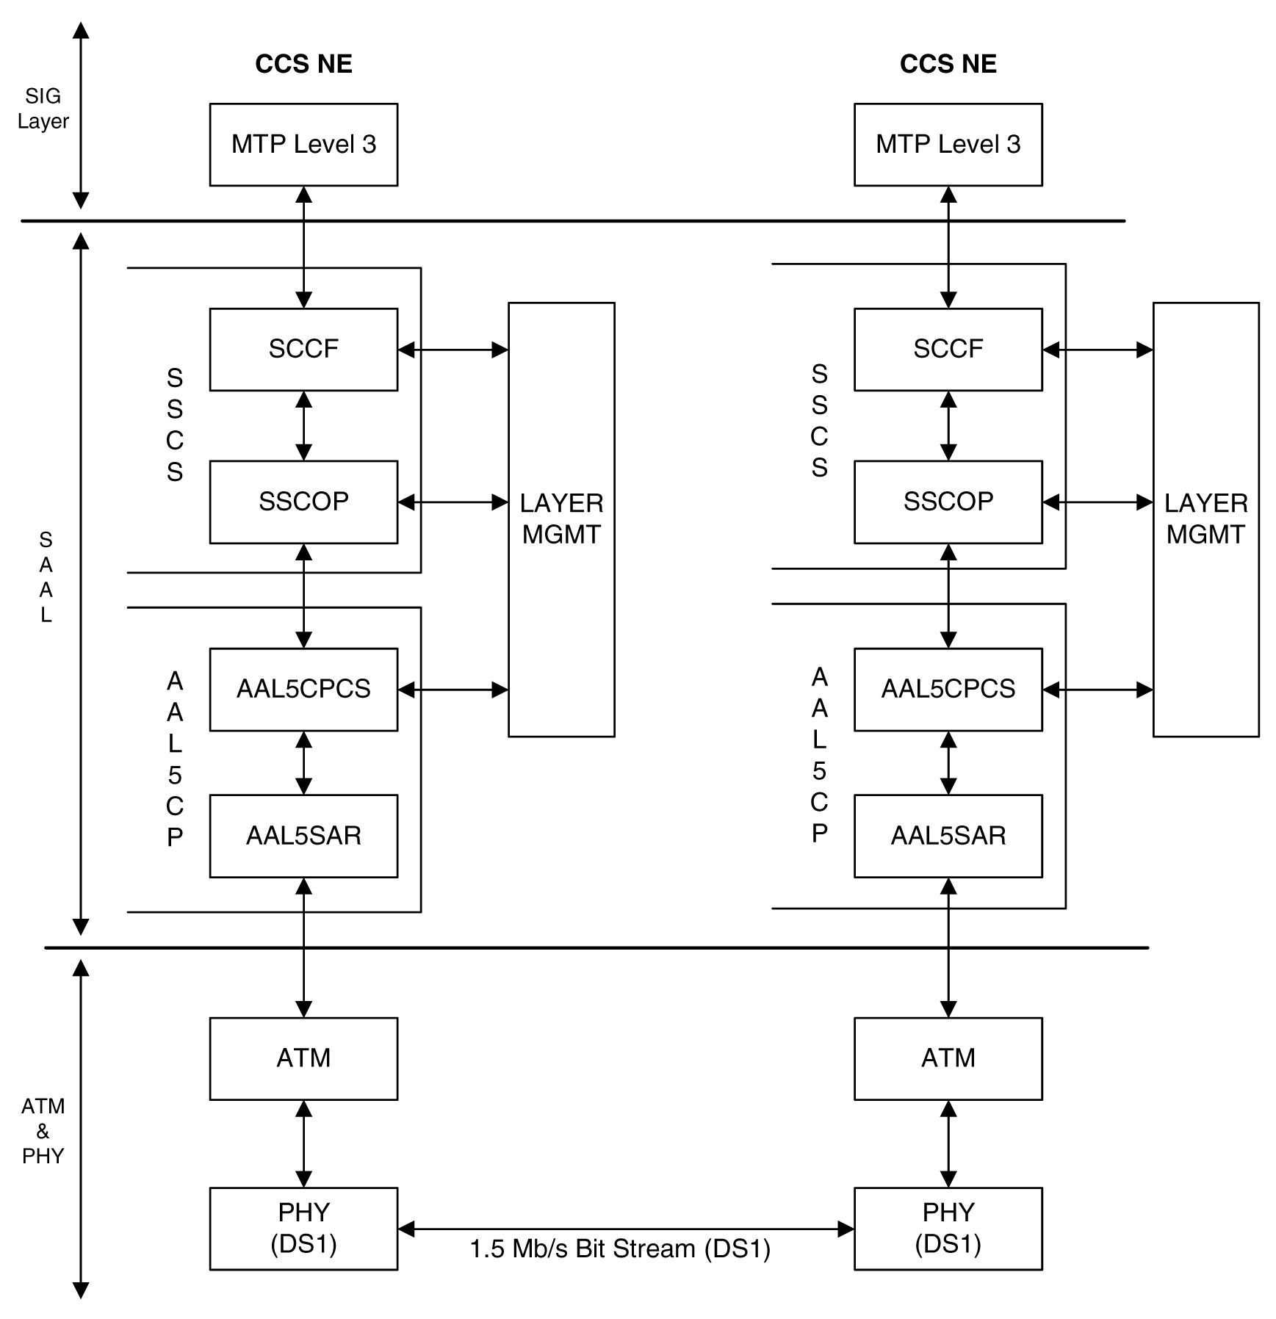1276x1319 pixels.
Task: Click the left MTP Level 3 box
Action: (x=303, y=145)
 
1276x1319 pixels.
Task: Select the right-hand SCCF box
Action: (x=948, y=349)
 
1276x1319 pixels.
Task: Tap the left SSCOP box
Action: (x=303, y=502)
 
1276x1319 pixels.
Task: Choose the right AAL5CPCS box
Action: (x=948, y=689)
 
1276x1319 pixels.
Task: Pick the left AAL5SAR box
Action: (x=303, y=836)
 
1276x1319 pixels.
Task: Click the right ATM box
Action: (x=948, y=1058)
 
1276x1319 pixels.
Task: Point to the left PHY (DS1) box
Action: (x=303, y=1229)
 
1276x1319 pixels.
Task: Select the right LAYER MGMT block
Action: (x=1205, y=519)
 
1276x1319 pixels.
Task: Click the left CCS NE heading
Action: (x=303, y=64)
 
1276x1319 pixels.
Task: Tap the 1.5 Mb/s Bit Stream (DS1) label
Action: (x=620, y=1249)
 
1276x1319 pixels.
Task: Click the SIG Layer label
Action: (x=43, y=109)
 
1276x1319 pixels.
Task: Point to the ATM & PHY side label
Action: (x=43, y=1131)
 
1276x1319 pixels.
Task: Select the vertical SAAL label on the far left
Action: (x=46, y=577)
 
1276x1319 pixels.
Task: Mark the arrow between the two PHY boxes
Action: (x=626, y=1229)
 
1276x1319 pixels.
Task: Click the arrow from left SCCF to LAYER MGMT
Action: (x=453, y=350)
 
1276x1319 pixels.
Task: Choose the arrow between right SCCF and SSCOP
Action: (x=948, y=426)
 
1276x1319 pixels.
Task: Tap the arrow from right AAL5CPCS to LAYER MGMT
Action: (x=1097, y=690)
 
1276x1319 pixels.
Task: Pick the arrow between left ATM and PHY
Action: (x=303, y=1143)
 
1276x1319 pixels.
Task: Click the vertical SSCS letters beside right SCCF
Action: (x=819, y=421)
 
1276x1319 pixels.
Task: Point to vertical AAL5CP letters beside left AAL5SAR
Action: (x=174, y=759)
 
